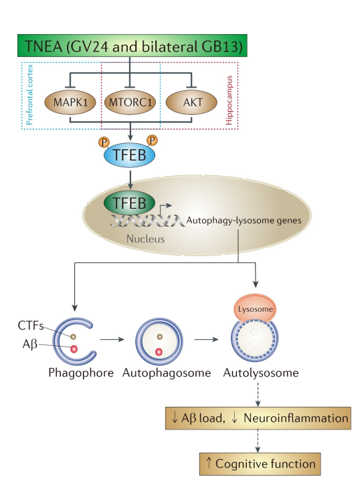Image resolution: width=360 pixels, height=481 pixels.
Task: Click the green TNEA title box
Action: [131, 47]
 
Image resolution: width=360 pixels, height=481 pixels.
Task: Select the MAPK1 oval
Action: [70, 104]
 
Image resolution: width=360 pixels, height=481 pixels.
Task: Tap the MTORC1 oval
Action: [130, 104]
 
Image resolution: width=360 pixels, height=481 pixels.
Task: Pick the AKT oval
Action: [191, 104]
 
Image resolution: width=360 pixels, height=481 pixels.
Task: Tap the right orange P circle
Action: [153, 141]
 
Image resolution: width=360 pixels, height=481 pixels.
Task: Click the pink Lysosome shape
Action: [256, 310]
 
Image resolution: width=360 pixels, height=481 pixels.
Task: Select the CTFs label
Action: [30, 326]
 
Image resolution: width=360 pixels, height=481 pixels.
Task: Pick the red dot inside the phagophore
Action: [74, 349]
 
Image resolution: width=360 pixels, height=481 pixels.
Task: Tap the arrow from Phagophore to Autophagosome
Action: [114, 340]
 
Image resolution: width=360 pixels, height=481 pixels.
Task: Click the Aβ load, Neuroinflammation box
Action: [257, 419]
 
